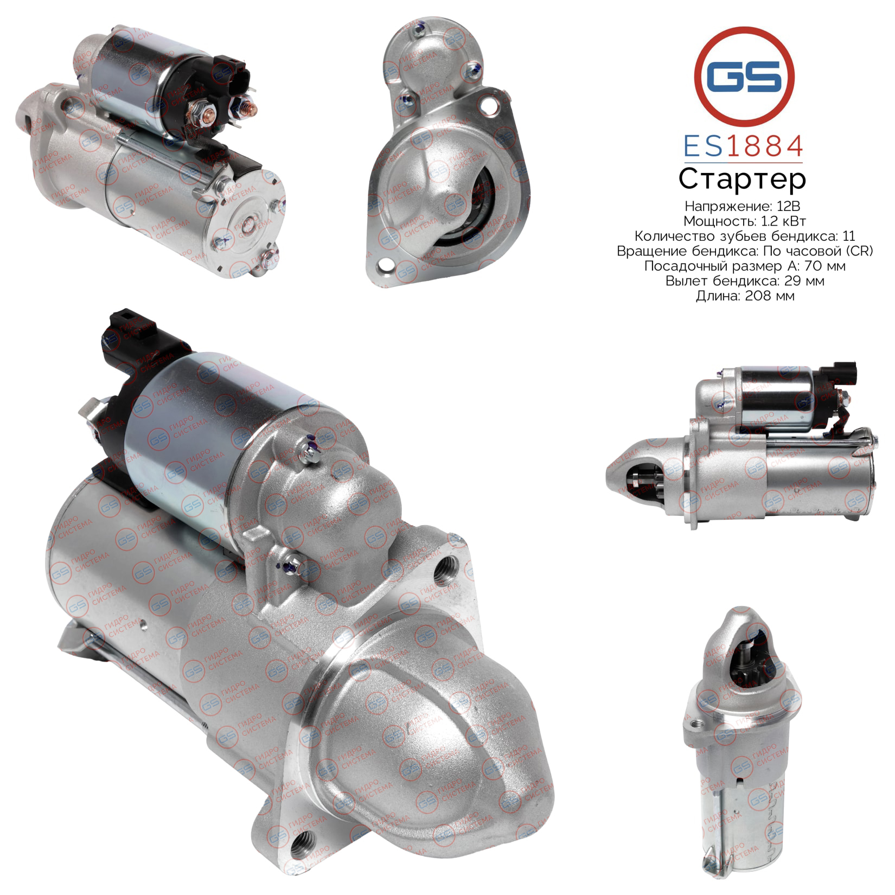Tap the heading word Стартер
tap(742, 179)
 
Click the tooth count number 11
tap(849, 236)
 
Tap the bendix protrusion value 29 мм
tap(801, 281)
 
